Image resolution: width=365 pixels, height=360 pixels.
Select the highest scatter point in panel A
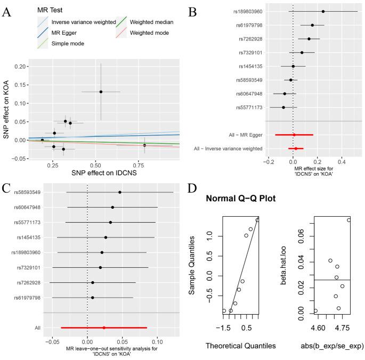click(101, 92)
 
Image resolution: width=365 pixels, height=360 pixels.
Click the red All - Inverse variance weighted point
click(296, 149)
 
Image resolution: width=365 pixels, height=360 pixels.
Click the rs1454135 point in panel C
click(106, 238)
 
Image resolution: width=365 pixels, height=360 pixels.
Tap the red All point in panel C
click(104, 328)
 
